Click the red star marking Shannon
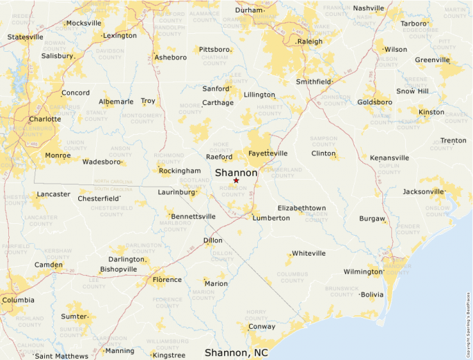click(236, 180)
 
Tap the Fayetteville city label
click(268, 153)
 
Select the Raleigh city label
click(309, 41)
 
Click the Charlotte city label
click(45, 119)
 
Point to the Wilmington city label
click(364, 272)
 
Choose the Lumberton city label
click(271, 218)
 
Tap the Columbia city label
click(18, 300)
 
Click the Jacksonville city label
click(424, 191)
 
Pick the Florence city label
click(167, 280)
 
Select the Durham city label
click(249, 10)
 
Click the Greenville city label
click(433, 60)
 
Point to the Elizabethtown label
click(302, 208)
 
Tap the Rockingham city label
click(179, 171)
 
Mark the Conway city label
click(261, 327)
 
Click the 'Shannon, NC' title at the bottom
click(236, 352)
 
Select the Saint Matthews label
click(62, 356)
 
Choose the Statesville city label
click(25, 37)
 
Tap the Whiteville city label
click(308, 254)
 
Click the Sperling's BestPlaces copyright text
click(468, 324)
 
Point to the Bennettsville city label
click(193, 216)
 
